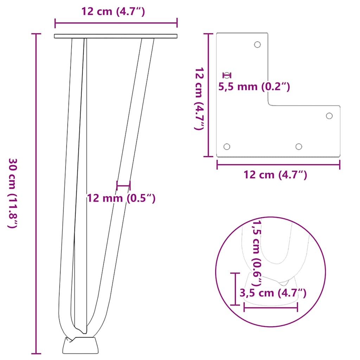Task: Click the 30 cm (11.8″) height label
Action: (12, 193)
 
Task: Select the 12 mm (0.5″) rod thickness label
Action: (121, 198)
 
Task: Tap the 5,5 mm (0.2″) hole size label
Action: (254, 87)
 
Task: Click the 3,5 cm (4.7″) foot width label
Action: (272, 293)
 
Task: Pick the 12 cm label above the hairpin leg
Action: (113, 11)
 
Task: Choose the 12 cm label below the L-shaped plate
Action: (275, 174)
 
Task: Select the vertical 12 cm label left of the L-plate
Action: (199, 99)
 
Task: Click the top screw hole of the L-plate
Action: (257, 45)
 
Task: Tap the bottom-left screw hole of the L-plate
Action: (227, 146)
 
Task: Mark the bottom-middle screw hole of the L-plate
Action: (299, 146)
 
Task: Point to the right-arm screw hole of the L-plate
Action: (329, 116)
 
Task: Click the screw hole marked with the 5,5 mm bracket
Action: (227, 75)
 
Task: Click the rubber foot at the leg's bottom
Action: (81, 345)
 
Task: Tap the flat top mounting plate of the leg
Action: (116, 36)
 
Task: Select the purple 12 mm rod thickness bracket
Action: (123, 185)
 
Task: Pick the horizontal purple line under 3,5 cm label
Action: (271, 307)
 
